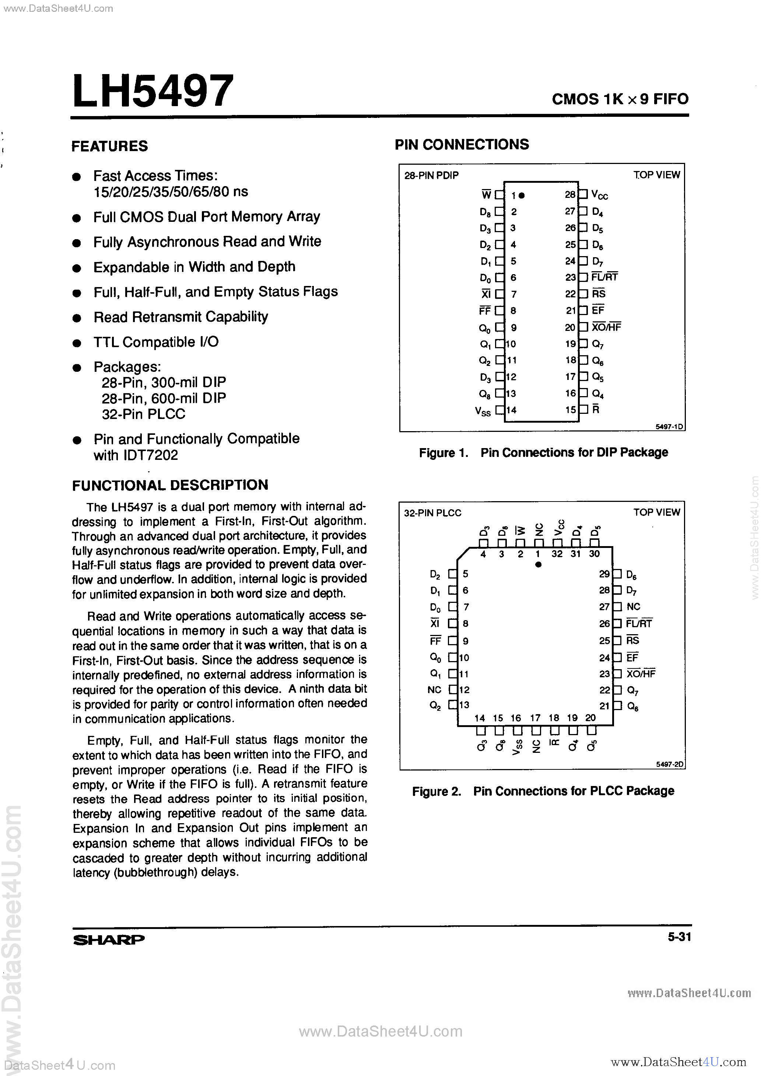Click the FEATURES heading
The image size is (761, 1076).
[x=110, y=146]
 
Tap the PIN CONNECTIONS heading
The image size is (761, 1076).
[x=462, y=144]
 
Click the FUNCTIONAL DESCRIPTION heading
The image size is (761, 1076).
[x=170, y=485]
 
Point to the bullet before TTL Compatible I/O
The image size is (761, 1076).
[x=77, y=343]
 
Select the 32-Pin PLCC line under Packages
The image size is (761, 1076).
[x=143, y=414]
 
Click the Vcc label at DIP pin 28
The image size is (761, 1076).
[x=599, y=195]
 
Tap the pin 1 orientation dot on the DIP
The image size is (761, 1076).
[x=522, y=195]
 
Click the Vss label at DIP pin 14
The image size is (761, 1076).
[x=483, y=411]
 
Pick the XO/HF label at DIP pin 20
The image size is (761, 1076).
[x=606, y=327]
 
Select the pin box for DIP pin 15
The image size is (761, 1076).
[x=583, y=409]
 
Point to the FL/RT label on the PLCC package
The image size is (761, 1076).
[x=639, y=623]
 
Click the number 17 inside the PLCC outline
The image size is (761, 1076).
[x=535, y=717]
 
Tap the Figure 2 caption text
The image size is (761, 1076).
[x=543, y=791]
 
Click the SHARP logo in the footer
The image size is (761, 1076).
[x=109, y=940]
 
